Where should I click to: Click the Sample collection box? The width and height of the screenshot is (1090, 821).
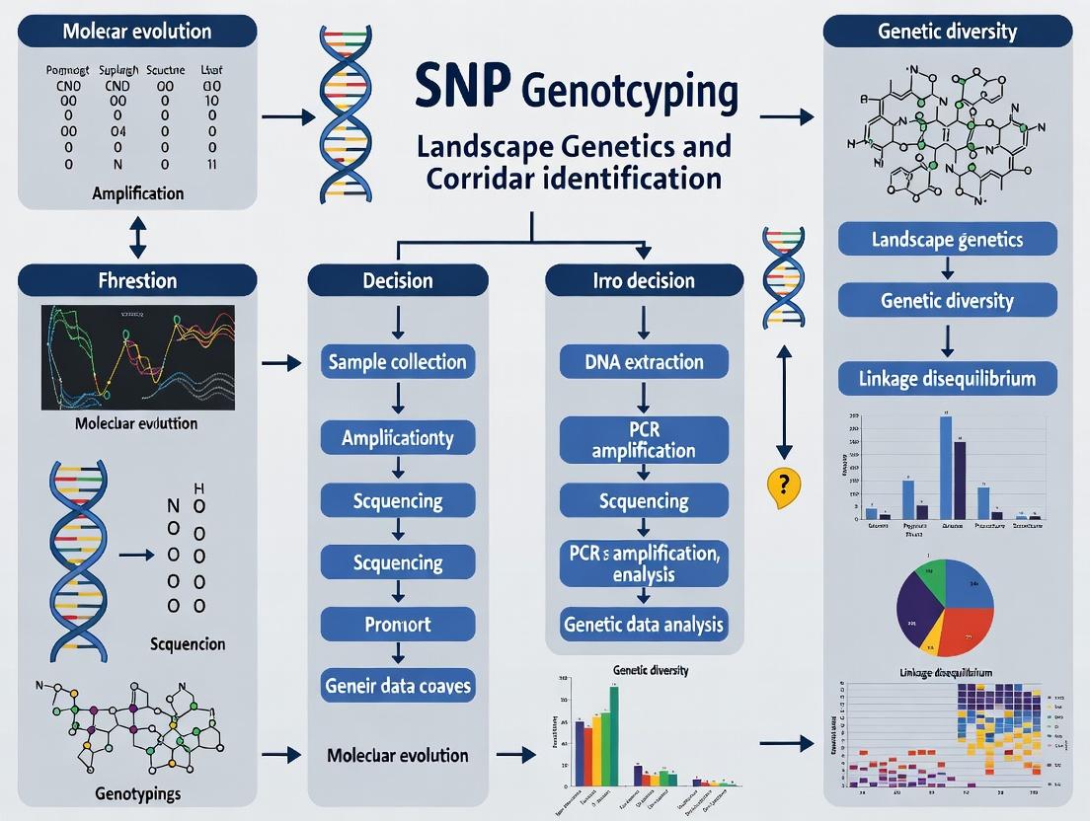tap(397, 362)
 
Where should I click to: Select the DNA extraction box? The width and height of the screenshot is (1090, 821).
tap(644, 362)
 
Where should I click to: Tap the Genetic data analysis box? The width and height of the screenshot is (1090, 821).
tap(644, 624)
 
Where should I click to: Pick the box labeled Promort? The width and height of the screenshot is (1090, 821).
tap(397, 625)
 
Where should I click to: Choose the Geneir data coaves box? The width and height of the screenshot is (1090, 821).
tap(397, 685)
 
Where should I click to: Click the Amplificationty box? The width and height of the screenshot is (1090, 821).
tap(397, 437)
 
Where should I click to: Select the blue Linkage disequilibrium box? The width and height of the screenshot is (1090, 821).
tap(947, 379)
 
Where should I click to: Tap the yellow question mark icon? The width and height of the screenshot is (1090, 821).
tap(783, 485)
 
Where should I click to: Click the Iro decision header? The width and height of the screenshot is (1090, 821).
tap(644, 281)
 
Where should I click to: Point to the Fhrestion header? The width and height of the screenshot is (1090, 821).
tap(137, 281)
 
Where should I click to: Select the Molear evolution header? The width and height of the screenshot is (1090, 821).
tap(137, 30)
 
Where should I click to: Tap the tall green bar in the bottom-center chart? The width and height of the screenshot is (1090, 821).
tap(614, 735)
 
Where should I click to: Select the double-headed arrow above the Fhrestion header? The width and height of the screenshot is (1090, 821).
tap(137, 237)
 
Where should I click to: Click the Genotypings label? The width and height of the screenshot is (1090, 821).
tap(137, 793)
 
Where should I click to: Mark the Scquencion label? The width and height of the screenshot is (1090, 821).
tap(188, 644)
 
